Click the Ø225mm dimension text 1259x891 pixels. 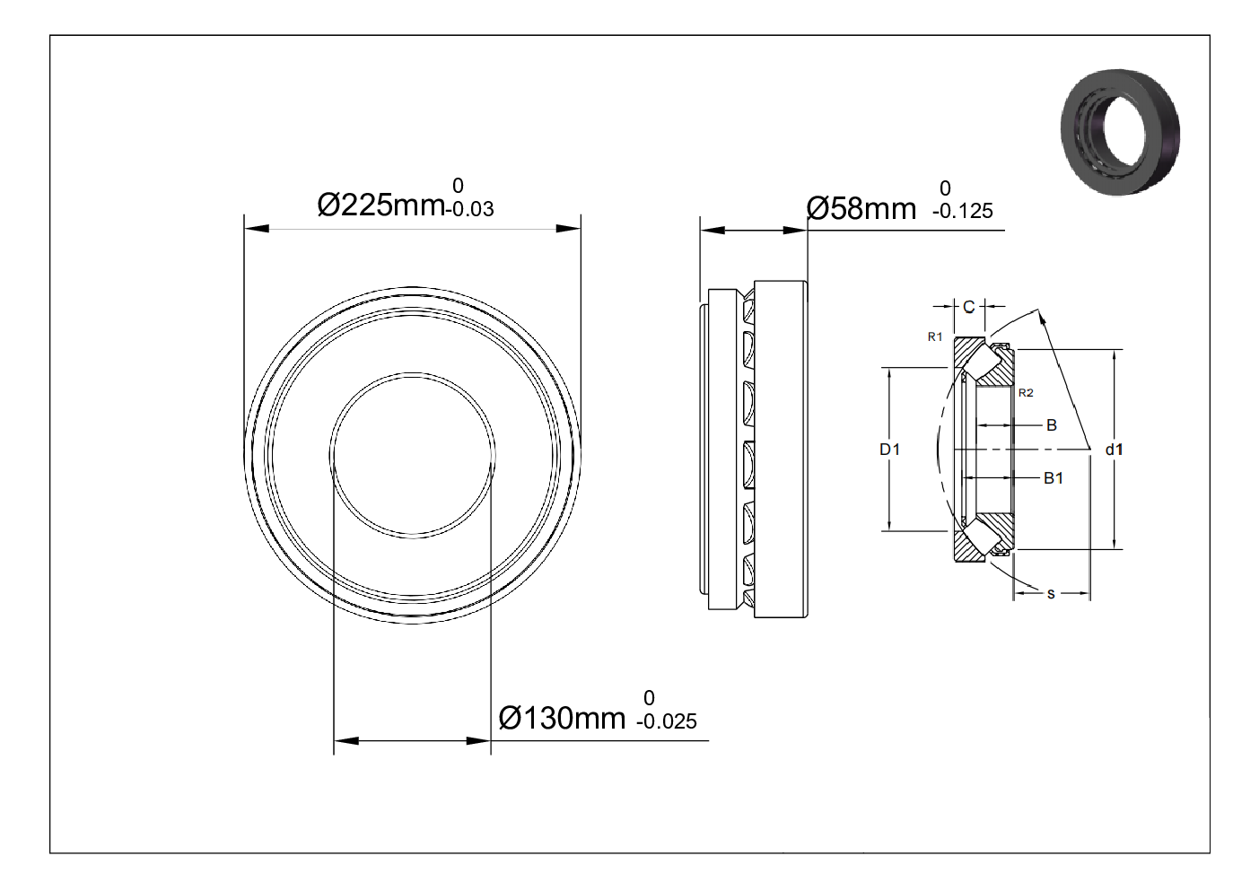click(381, 205)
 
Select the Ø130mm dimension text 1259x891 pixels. click(562, 718)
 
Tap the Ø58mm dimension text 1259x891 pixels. click(861, 208)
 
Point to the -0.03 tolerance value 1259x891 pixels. click(470, 209)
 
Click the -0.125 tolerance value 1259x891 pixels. click(963, 212)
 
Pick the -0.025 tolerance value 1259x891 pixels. click(667, 721)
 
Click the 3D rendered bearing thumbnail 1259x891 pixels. click(1120, 132)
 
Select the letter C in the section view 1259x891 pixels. click(968, 307)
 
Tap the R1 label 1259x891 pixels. click(935, 336)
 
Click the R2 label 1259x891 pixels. click(1026, 393)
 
